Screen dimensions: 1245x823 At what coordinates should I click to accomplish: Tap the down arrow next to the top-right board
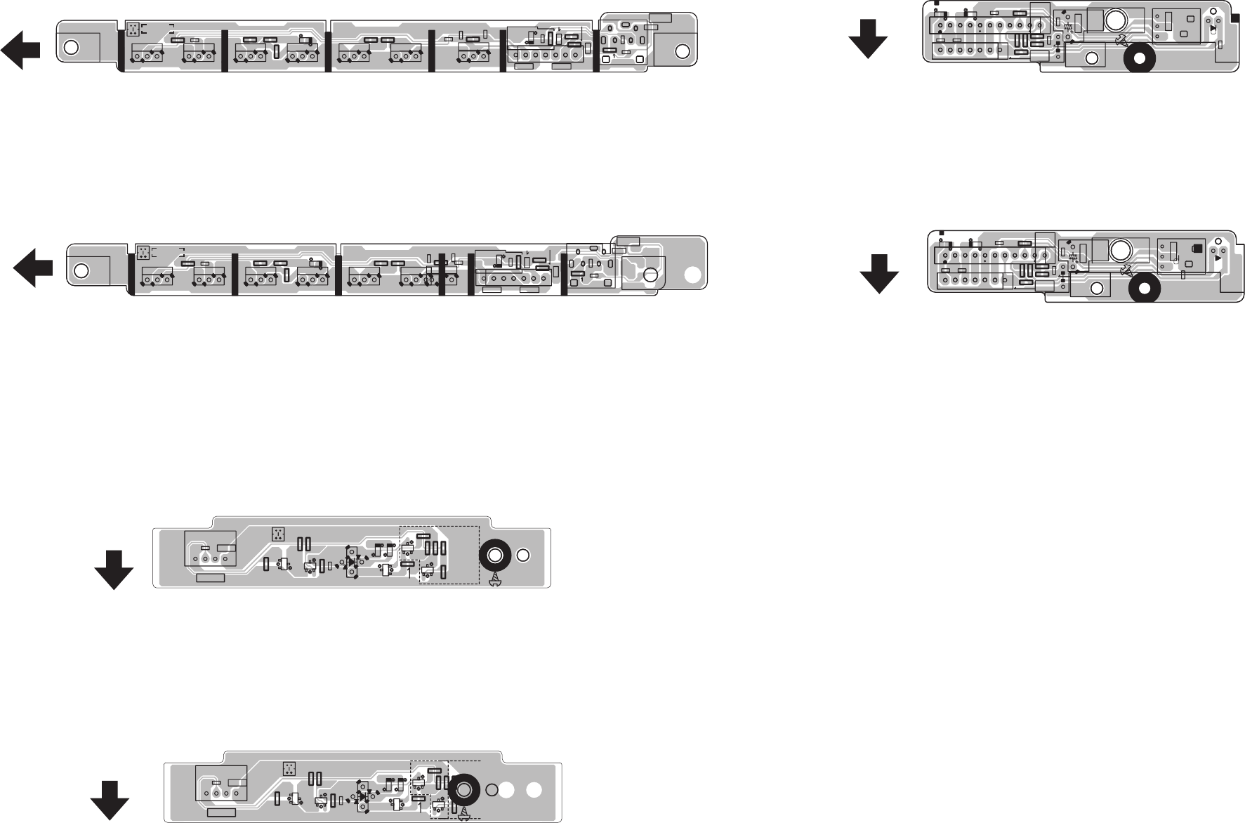pyautogui.click(x=868, y=38)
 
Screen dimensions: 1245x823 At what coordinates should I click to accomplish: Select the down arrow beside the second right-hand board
pyautogui.click(x=878, y=272)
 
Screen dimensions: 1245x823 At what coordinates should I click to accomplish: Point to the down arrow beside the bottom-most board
pyautogui.click(x=110, y=799)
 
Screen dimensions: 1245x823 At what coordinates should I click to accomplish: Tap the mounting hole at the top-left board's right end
pyautogui.click(x=682, y=51)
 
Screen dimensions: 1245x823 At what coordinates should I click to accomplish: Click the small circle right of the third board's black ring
pyautogui.click(x=522, y=555)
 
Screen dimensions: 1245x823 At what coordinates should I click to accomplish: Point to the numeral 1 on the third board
pyautogui.click(x=409, y=573)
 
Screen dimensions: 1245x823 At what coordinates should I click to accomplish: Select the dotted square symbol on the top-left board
pyautogui.click(x=133, y=29)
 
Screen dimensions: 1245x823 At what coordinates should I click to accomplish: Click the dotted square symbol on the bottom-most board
pyautogui.click(x=289, y=769)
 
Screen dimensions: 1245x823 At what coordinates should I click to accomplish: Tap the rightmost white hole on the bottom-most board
pyautogui.click(x=534, y=790)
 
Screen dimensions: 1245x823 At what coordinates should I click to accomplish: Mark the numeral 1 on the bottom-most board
pyautogui.click(x=419, y=808)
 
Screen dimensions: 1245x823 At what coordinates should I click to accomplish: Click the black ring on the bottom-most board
pyautogui.click(x=463, y=790)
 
